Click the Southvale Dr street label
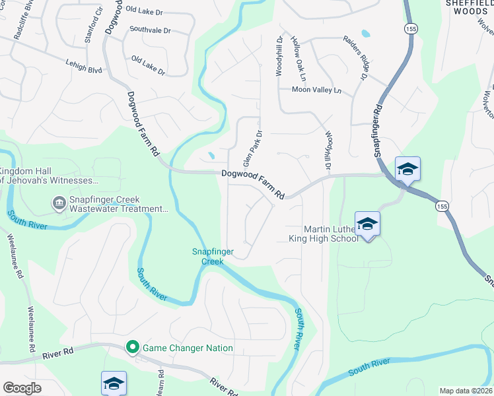(x=150, y=30)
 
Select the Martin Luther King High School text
(x=324, y=232)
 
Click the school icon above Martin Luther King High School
(x=367, y=223)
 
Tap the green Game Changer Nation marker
(x=132, y=347)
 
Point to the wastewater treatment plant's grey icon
(x=58, y=202)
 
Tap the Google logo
(x=22, y=388)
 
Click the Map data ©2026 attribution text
(x=465, y=391)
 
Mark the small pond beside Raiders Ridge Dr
(x=365, y=33)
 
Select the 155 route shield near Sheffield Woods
(x=411, y=28)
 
